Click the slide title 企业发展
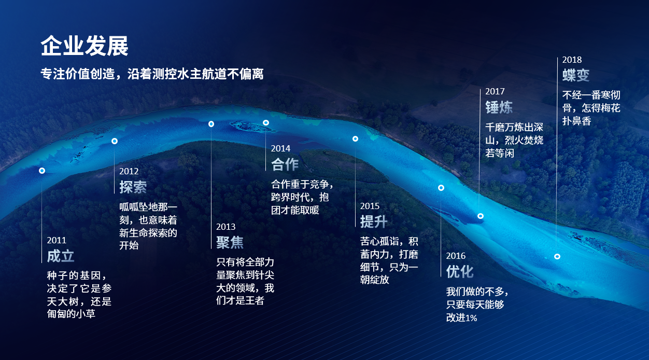pos(84,46)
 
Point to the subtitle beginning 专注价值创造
pos(152,74)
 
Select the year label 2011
pos(57,240)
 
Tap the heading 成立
pos(61,256)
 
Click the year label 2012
pos(129,171)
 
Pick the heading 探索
pos(133,187)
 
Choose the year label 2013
pos(225,227)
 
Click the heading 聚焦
pos(230,242)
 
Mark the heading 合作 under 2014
pos(285,164)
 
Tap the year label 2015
pos(370,206)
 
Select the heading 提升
pos(374,221)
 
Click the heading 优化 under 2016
pos(460,272)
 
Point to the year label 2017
pos(495,92)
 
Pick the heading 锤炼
pos(499,107)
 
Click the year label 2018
pos(572,60)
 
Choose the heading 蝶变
pos(576,75)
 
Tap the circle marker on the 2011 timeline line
pos(42,171)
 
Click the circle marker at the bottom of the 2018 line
pos(557,257)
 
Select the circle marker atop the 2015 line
pos(355,139)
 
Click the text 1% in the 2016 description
pos(471,319)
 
